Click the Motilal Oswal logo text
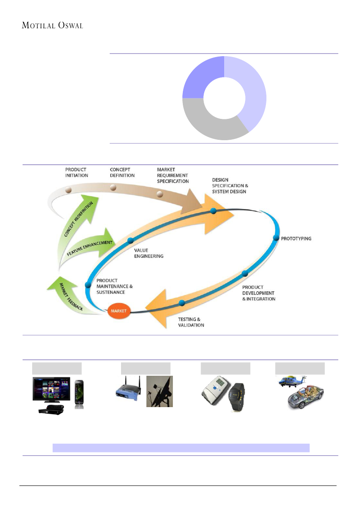[52, 25]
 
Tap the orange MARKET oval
[118, 312]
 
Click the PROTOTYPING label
[296, 239]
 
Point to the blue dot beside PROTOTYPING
[276, 238]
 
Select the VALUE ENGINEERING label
[148, 253]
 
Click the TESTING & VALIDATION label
[191, 322]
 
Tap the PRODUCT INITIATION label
[77, 172]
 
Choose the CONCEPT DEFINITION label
[122, 172]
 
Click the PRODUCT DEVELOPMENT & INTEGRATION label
[259, 293]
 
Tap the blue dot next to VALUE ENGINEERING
[130, 240]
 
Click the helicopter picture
[293, 382]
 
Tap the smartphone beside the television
[79, 394]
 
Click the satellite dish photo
[159, 391]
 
